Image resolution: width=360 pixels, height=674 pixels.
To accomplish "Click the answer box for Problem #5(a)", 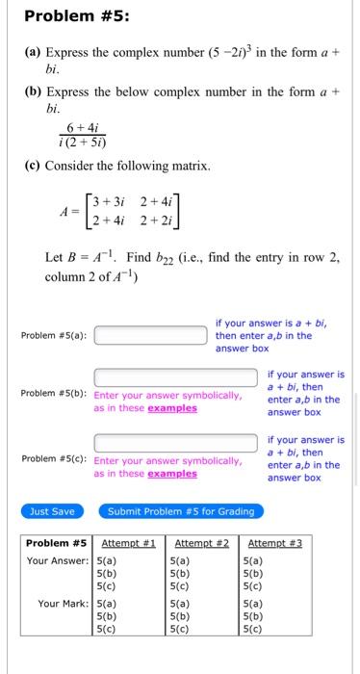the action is coord(151,336).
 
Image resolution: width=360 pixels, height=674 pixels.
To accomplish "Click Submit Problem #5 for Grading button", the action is coord(182,511).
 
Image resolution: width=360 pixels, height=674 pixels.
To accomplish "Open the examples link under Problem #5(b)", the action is coord(172,408).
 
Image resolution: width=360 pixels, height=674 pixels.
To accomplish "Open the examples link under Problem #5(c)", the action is coord(172,474).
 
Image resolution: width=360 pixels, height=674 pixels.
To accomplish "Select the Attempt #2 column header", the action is coord(200,543).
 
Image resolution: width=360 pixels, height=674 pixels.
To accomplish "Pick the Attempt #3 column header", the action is coord(275,543).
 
